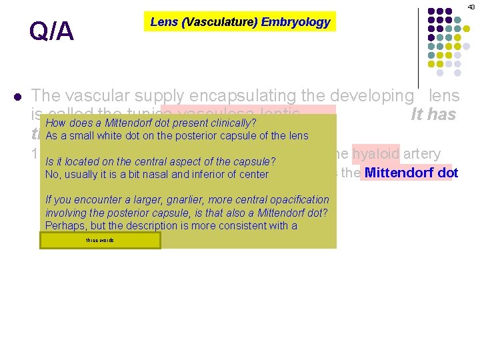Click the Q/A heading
(51, 31)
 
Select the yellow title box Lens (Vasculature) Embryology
(240, 21)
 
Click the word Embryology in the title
(295, 22)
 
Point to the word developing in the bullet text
(374, 95)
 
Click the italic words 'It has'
(433, 115)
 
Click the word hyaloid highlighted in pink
(376, 154)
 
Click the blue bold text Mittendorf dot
(411, 173)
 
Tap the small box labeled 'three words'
(100, 240)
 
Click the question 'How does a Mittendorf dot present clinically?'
(151, 123)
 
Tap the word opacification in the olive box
(297, 199)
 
